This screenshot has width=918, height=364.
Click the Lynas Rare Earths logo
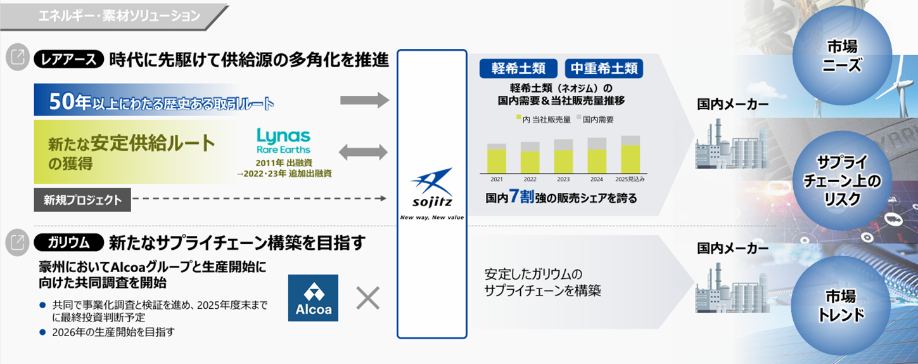click(283, 141)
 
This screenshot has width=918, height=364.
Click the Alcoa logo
click(313, 297)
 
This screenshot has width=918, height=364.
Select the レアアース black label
click(68, 60)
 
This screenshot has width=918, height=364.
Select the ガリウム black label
click(68, 242)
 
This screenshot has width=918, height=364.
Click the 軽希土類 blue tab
click(518, 68)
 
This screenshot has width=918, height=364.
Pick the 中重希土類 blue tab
click(604, 68)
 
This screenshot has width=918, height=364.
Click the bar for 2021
click(497, 158)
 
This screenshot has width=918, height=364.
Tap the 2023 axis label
click(563, 179)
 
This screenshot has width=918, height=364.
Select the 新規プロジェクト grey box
click(82, 200)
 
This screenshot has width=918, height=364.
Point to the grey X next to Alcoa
click(367, 297)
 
